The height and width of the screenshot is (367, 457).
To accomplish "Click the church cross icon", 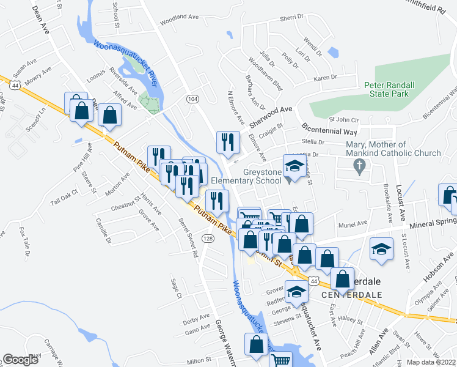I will tap(360, 165).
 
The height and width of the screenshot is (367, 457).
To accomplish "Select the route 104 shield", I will tap(193, 98).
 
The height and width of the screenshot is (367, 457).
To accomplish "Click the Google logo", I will tap(21, 360).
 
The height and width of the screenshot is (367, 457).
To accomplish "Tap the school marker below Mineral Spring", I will tap(382, 249).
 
